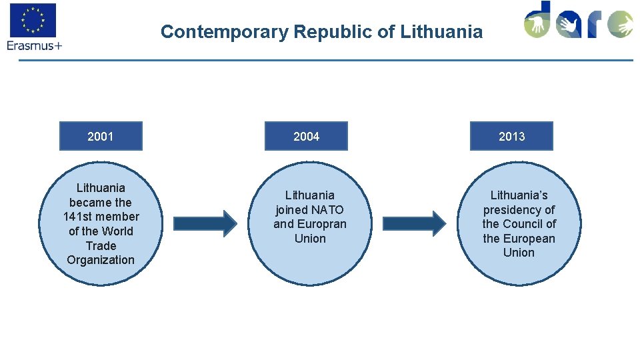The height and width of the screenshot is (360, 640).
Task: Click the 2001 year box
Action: tap(101, 136)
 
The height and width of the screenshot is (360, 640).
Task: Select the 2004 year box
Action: tap(306, 136)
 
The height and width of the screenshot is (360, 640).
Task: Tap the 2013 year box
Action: tap(511, 136)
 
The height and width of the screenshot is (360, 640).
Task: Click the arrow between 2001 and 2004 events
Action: tap(205, 223)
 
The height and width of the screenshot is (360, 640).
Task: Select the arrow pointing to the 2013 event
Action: tap(414, 223)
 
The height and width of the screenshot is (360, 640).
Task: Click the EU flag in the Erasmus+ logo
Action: tap(33, 20)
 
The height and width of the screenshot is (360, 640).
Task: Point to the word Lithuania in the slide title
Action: tap(441, 31)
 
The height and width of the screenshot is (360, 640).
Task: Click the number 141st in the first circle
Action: tap(79, 217)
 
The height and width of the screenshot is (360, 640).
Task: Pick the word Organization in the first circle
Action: tap(101, 260)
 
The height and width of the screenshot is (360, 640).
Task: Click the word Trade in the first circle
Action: tap(101, 245)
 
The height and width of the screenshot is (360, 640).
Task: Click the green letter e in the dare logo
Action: tap(620, 24)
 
